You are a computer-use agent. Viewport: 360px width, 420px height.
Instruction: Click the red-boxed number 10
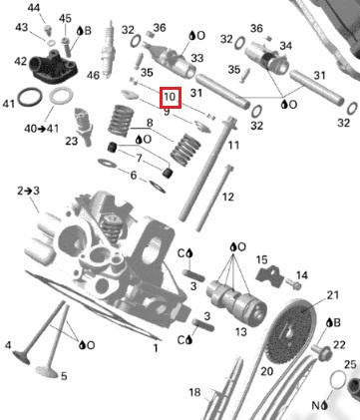(x=170, y=97)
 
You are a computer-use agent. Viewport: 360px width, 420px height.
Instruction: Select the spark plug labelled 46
(x=107, y=48)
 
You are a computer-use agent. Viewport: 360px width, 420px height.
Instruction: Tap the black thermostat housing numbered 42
(x=53, y=66)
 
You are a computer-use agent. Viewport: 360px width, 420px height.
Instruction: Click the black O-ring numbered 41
(x=30, y=98)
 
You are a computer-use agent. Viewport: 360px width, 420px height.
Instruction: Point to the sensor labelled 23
(x=83, y=127)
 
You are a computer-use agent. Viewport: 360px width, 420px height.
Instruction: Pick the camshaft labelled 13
(x=236, y=300)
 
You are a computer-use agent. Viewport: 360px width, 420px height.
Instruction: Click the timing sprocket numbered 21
(x=291, y=329)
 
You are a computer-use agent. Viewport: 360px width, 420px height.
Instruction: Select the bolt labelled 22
(x=321, y=352)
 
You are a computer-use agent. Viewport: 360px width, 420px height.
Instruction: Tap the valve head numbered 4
(x=21, y=357)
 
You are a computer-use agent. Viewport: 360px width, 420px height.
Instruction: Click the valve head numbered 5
(x=47, y=372)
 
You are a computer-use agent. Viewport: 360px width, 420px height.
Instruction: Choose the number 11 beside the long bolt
(x=233, y=145)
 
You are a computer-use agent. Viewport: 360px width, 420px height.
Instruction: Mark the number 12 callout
(x=227, y=197)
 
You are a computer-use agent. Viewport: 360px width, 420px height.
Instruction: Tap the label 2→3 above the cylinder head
(x=28, y=191)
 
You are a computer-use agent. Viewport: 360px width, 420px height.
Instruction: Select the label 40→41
(x=41, y=128)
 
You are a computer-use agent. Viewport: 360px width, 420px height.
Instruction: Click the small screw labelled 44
(x=48, y=30)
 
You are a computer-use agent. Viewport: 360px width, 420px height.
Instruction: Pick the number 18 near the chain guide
(x=194, y=392)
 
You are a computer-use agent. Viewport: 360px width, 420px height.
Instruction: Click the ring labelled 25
(x=338, y=379)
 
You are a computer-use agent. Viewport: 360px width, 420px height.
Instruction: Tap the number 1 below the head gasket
(x=156, y=348)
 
